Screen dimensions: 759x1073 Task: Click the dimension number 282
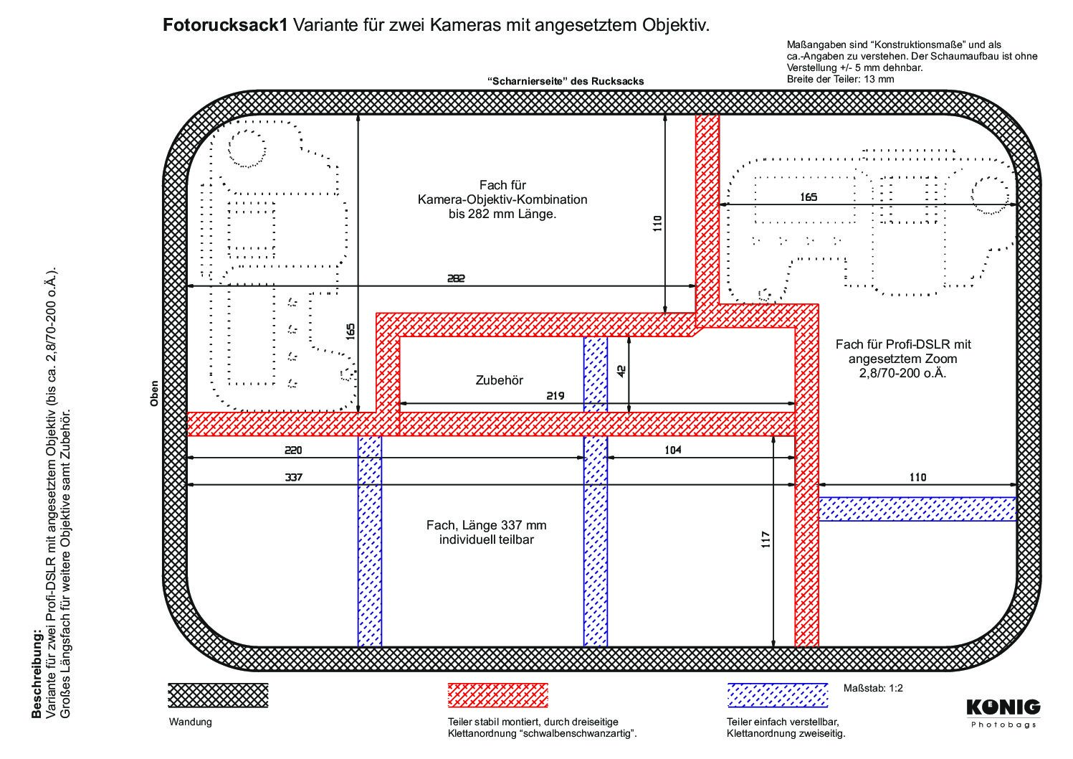point(456,278)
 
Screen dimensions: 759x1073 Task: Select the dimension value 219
point(555,395)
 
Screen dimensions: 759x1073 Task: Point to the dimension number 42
point(621,371)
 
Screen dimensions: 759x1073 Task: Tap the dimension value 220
point(294,451)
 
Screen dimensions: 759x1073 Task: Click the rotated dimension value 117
point(765,540)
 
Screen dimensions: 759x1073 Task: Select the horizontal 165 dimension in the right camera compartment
point(808,197)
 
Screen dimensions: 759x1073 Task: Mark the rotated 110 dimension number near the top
point(657,225)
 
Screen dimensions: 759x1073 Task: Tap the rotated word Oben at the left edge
point(153,394)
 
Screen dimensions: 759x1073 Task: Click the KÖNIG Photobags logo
point(1003,712)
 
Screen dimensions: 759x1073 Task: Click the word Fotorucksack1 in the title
point(226,26)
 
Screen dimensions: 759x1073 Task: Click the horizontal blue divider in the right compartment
point(917,509)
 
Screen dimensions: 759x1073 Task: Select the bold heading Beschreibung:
point(37,674)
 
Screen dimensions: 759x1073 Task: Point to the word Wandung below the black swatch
point(190,722)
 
